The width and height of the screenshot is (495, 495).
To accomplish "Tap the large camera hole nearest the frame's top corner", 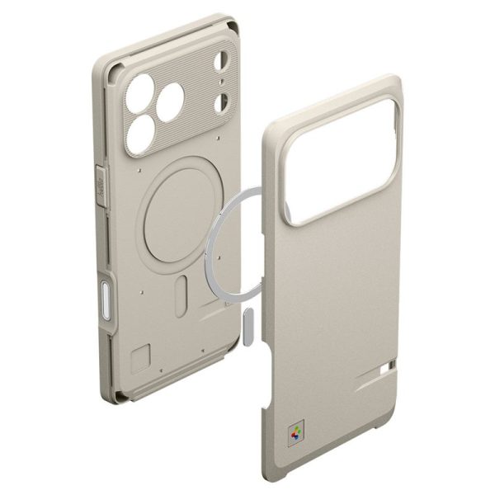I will pyautogui.click(x=140, y=87).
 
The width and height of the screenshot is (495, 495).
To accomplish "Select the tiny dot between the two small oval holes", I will pyautogui.click(x=220, y=82).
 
